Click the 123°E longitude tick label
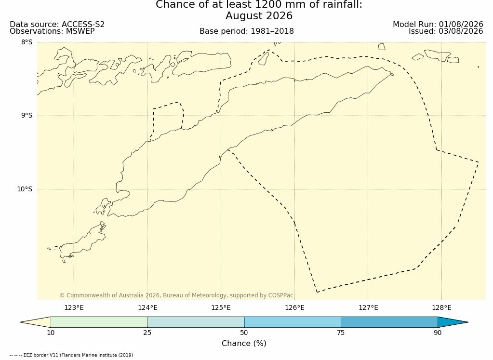(x=74, y=307)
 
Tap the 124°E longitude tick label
(x=147, y=307)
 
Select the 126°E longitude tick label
(x=294, y=307)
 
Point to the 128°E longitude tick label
(x=441, y=307)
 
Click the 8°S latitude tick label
(x=27, y=42)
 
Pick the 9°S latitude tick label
(x=27, y=116)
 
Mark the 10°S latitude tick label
(x=25, y=189)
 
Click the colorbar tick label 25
(x=147, y=333)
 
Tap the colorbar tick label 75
(x=341, y=333)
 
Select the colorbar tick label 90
(x=438, y=333)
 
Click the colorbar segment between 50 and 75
(x=293, y=322)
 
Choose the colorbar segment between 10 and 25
(x=99, y=322)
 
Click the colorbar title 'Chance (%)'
(x=244, y=343)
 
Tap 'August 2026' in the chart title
(x=259, y=16)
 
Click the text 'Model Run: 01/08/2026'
(x=438, y=25)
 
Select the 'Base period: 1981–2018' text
(x=247, y=31)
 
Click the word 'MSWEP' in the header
(x=80, y=31)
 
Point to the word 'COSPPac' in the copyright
(x=280, y=295)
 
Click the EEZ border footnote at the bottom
(x=71, y=355)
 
